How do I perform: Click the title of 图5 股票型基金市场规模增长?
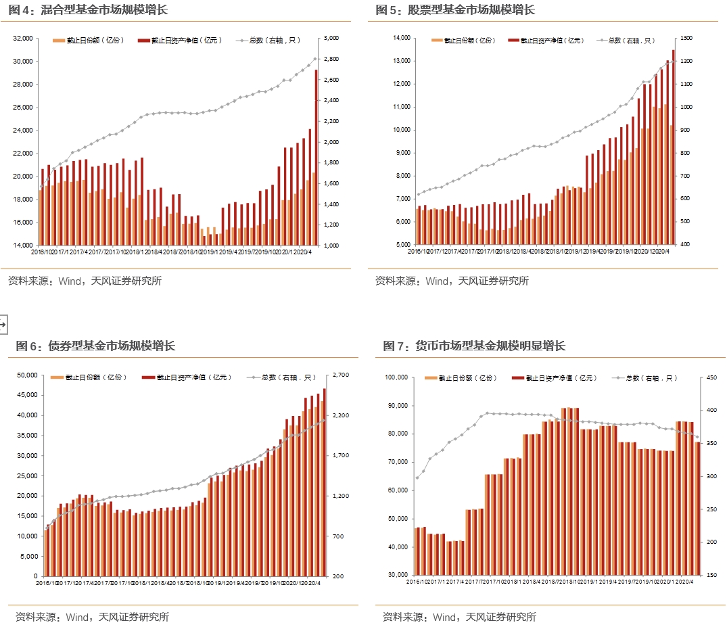455,9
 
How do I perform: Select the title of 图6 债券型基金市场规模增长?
95,346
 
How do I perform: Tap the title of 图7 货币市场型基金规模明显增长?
474,346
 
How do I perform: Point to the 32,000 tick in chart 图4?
23,39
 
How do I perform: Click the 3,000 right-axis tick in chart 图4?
332,39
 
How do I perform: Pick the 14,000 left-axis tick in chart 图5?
397,38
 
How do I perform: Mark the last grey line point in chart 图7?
698,436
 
